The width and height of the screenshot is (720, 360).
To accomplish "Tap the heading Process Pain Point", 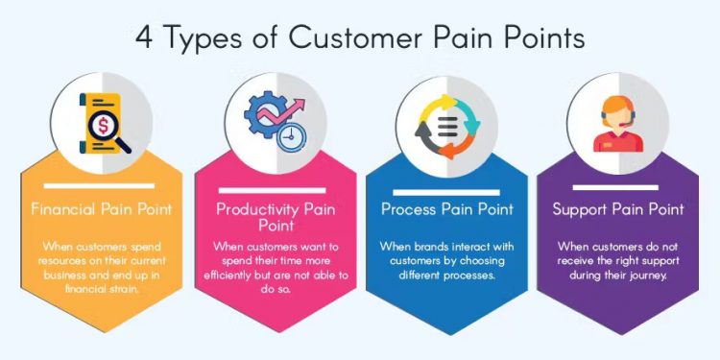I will click(x=446, y=209).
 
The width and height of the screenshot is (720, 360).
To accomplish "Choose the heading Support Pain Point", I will click(x=618, y=209).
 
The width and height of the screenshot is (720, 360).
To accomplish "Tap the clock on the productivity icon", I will click(x=286, y=138).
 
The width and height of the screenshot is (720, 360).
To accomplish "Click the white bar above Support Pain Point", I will click(x=618, y=185).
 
